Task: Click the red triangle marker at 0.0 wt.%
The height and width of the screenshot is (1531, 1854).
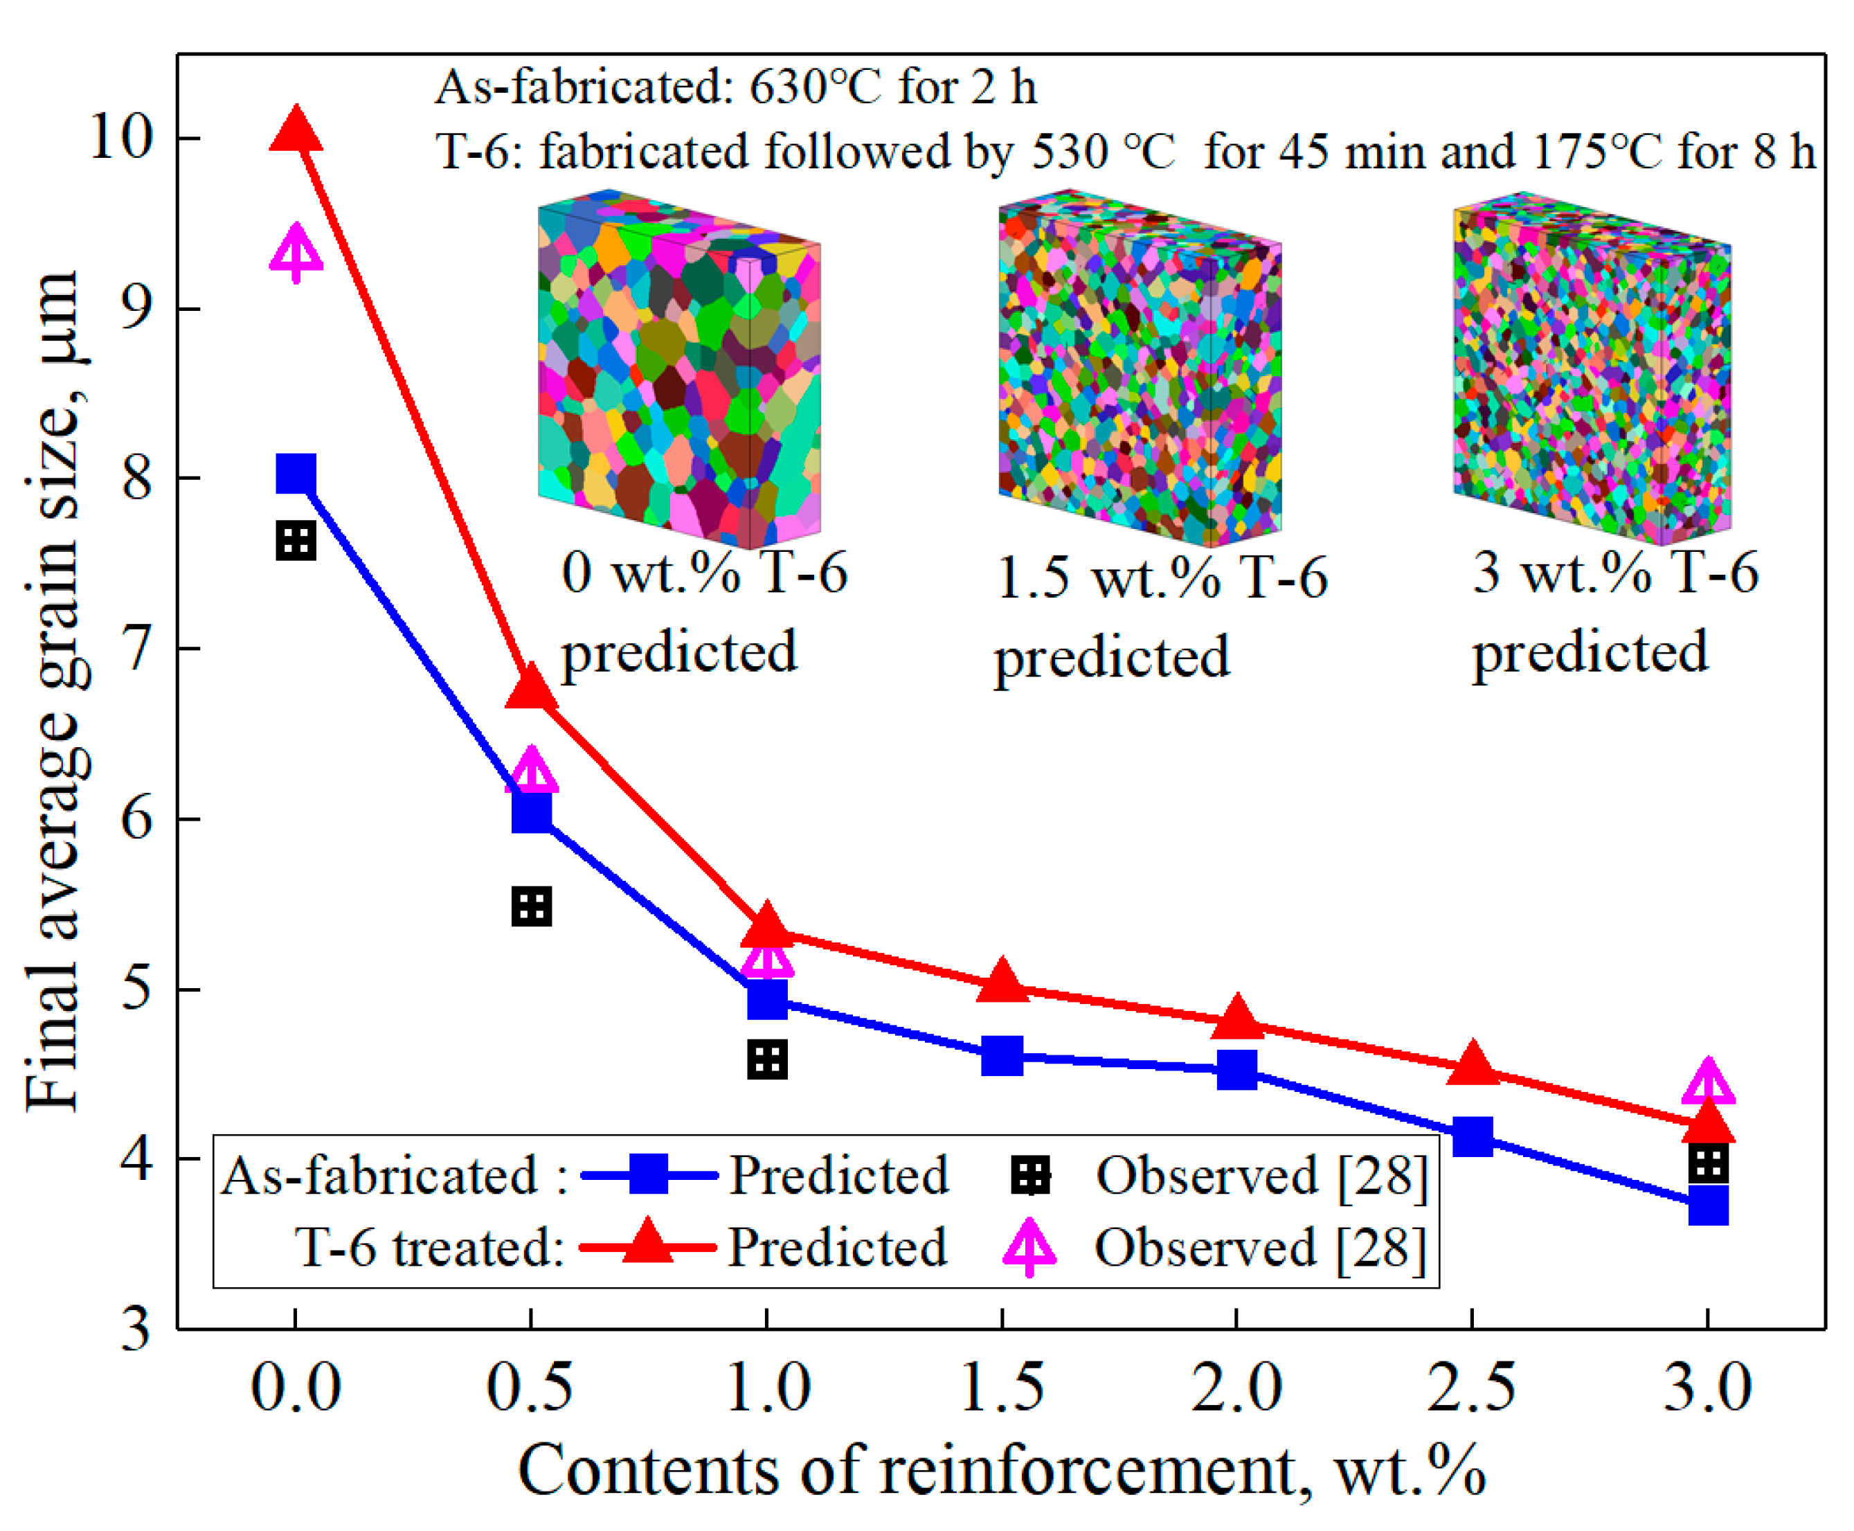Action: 296,130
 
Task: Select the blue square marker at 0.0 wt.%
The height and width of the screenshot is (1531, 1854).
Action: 296,474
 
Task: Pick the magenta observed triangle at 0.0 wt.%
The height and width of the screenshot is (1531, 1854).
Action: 296,251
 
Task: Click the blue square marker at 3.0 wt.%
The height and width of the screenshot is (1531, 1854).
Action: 1708,1205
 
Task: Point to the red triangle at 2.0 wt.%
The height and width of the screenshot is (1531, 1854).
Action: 1237,1019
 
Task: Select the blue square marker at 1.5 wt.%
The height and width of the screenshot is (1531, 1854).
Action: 1002,1056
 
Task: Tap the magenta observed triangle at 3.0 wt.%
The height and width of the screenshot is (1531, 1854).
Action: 1708,1083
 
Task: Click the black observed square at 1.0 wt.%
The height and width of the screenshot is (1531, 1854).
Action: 766,1059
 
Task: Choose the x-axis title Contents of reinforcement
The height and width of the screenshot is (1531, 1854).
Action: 1000,1470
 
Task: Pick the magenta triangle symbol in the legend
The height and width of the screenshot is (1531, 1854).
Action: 1029,1247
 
